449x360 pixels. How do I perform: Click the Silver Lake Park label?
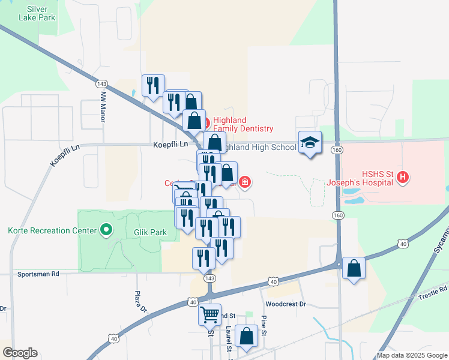click(x=41, y=13)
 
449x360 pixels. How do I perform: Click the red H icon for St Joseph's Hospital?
click(x=403, y=177)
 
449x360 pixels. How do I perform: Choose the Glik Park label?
click(x=146, y=231)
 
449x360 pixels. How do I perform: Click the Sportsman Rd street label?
click(x=38, y=274)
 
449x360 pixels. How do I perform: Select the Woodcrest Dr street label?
click(x=286, y=304)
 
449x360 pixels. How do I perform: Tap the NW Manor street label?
click(x=103, y=107)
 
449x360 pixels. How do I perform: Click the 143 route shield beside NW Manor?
click(x=103, y=85)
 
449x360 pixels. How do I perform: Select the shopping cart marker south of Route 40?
click(x=209, y=314)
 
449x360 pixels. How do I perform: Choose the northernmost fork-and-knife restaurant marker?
click(x=153, y=85)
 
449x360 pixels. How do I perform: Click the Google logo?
click(x=20, y=353)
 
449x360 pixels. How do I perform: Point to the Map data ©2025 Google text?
click(x=411, y=355)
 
